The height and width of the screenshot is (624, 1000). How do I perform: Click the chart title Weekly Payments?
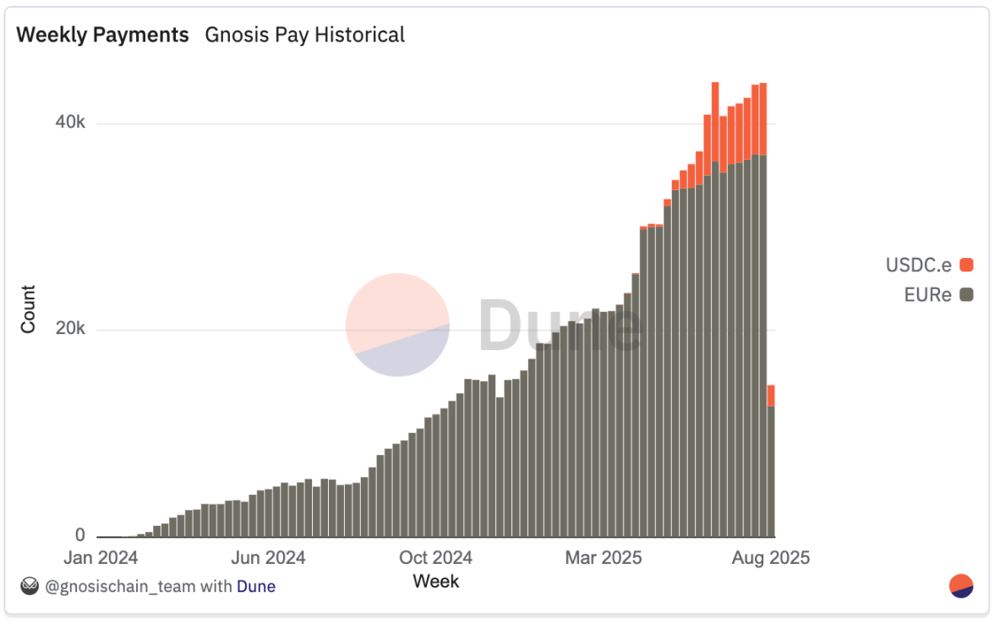(102, 35)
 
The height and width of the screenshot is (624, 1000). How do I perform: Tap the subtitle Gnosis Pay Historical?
(304, 35)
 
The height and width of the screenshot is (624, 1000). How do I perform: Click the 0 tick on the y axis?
(79, 535)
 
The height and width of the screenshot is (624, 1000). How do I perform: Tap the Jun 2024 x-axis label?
(268, 558)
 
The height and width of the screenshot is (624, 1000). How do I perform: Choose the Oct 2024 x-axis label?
(435, 558)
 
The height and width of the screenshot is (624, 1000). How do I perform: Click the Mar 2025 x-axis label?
(604, 558)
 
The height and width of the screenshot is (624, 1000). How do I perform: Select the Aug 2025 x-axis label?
(771, 558)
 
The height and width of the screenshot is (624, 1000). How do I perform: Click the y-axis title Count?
(29, 309)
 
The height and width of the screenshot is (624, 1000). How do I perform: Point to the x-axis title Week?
(435, 581)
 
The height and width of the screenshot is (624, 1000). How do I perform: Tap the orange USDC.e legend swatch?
(966, 265)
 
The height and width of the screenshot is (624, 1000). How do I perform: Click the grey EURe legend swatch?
(966, 295)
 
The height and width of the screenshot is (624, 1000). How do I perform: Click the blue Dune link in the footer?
(255, 586)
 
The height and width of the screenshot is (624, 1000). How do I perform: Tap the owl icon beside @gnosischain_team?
(30, 585)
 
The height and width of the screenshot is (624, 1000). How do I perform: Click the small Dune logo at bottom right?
(961, 586)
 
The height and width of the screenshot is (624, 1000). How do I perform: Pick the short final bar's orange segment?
(771, 396)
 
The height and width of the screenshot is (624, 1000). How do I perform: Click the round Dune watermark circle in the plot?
(397, 325)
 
